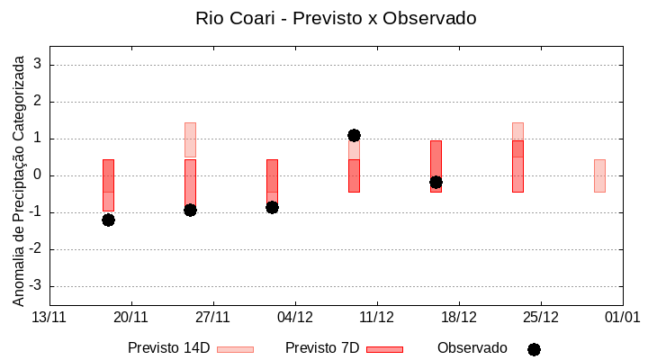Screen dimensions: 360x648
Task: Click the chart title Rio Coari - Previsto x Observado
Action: (336, 18)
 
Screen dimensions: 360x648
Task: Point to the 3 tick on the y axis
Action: (38, 65)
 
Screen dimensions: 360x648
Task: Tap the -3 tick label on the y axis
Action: (35, 286)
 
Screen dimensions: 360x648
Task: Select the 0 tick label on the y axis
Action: (38, 175)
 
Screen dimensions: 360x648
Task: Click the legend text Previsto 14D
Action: (168, 347)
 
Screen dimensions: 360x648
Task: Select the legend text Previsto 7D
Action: (322, 347)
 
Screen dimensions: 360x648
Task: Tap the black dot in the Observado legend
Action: (534, 349)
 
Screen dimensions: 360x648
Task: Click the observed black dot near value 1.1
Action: (354, 135)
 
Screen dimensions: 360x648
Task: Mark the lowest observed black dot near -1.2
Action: (108, 220)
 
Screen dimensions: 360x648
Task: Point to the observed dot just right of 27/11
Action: (190, 210)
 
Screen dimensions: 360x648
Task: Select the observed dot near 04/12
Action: (272, 207)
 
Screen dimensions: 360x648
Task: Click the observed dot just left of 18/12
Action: (436, 182)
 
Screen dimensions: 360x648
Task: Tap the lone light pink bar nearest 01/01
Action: (599, 175)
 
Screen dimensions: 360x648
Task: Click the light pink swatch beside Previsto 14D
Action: (235, 349)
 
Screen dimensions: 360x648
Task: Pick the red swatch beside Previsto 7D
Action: (384, 349)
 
